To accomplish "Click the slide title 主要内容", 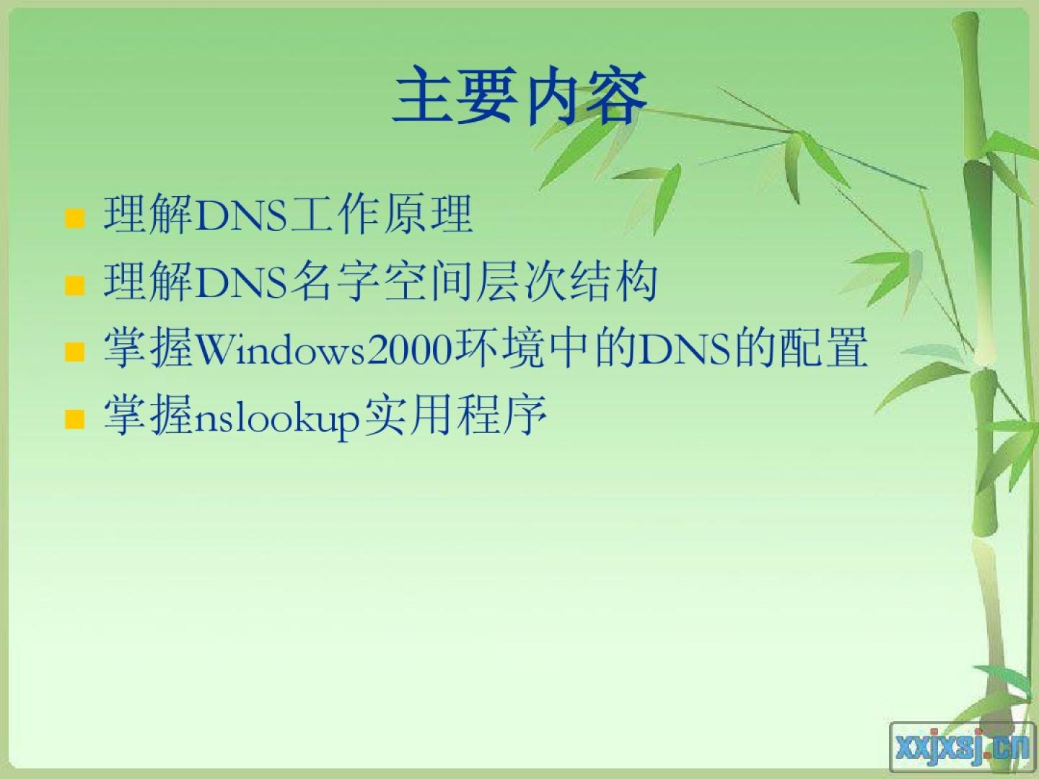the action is pyautogui.click(x=519, y=95).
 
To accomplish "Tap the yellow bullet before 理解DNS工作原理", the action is pyautogui.click(x=75, y=219).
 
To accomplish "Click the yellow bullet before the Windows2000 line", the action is pyautogui.click(x=75, y=352).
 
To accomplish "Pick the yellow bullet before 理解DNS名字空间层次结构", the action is pyautogui.click(x=75, y=285).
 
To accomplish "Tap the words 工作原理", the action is pyautogui.click(x=382, y=215).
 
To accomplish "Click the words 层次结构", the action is pyautogui.click(x=566, y=281).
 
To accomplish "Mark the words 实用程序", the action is pyautogui.click(x=455, y=415).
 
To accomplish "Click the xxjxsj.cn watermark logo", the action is pyautogui.click(x=962, y=747).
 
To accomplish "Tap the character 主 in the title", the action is pyautogui.click(x=424, y=95).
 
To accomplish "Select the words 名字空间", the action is pyautogui.click(x=382, y=281).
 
